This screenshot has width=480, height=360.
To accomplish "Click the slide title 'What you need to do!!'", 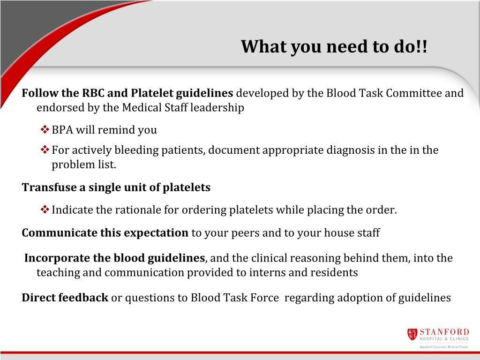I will point(334,47).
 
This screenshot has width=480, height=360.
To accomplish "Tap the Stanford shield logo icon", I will point(412,334).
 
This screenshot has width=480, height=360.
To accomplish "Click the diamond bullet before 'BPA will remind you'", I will point(45,130).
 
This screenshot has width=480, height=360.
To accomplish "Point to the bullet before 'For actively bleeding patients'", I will point(45,150).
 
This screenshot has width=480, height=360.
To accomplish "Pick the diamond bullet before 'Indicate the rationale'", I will point(45,210).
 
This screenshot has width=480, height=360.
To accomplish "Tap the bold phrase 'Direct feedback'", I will point(65,298).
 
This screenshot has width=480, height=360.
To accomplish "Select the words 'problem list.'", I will point(83,165).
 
